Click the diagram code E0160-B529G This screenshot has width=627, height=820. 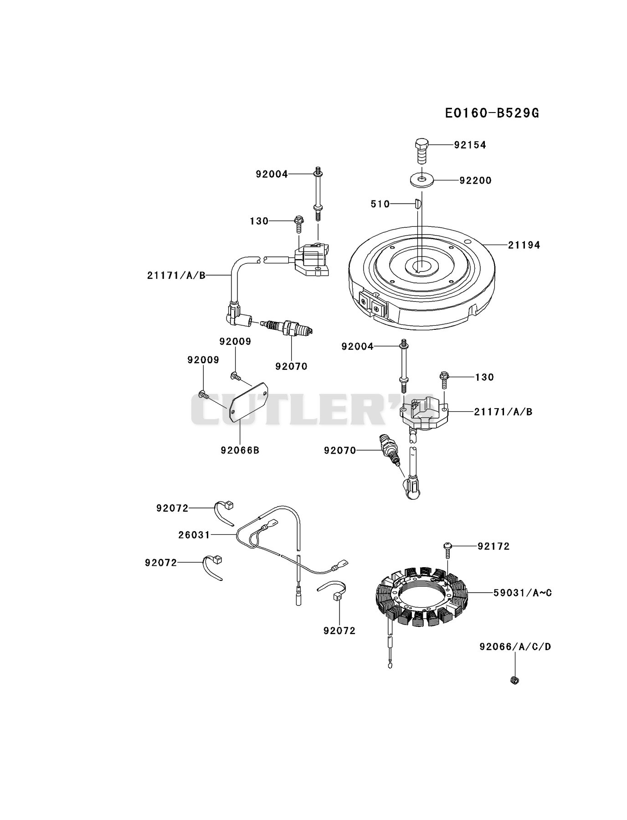(492, 113)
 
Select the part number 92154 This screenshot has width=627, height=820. (470, 145)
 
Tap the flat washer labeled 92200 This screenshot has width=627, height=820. (421, 180)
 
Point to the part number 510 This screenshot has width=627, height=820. (380, 204)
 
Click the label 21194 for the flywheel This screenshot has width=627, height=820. (524, 245)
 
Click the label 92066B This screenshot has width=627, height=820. (240, 450)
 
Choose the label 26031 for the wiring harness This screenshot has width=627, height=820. (194, 535)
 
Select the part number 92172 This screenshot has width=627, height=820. (493, 546)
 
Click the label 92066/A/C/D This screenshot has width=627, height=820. (515, 646)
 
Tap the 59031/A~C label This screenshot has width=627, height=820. (523, 593)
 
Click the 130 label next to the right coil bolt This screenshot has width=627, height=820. (484, 377)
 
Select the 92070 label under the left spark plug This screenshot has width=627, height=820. (291, 366)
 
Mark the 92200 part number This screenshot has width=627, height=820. (475, 180)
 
